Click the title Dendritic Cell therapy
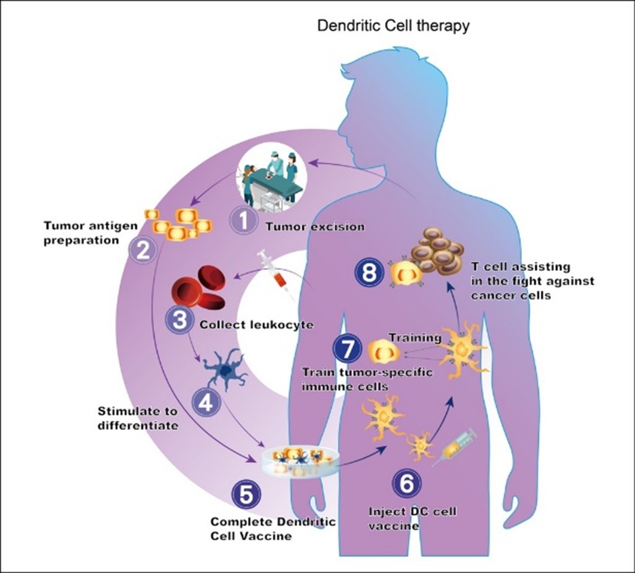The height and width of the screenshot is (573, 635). click(x=393, y=26)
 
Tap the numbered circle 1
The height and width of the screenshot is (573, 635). click(x=244, y=220)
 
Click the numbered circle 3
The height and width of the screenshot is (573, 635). click(x=180, y=320)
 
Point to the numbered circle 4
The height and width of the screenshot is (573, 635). click(x=206, y=403)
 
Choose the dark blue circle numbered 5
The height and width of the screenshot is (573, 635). click(x=246, y=494)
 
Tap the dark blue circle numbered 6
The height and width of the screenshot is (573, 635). click(x=407, y=483)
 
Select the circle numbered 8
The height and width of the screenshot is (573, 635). click(x=369, y=272)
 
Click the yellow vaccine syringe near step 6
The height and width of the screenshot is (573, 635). click(x=454, y=448)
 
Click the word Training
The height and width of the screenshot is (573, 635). click(x=415, y=338)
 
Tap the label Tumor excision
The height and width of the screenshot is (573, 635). click(x=315, y=227)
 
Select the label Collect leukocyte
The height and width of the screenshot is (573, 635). click(x=256, y=325)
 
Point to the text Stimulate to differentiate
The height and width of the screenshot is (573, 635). click(x=138, y=418)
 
